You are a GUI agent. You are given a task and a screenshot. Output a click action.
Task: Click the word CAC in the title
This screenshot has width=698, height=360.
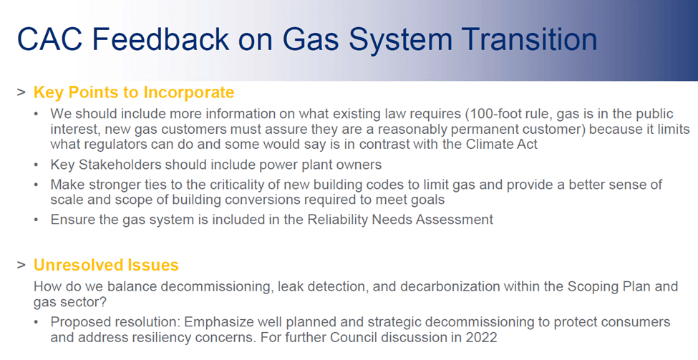pyautogui.click(x=50, y=39)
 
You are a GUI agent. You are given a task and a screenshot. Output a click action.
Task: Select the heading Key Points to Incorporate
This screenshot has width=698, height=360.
pyautogui.click(x=134, y=92)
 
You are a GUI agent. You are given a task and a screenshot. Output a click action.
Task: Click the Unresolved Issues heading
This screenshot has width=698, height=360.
pyautogui.click(x=106, y=265)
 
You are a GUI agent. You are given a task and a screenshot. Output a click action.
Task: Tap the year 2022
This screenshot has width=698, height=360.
pyautogui.click(x=481, y=337)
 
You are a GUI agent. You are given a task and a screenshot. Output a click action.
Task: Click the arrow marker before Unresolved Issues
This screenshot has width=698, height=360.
pyautogui.click(x=21, y=266)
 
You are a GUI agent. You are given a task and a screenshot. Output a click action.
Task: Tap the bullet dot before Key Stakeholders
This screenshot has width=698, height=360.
pyautogui.click(x=37, y=165)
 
